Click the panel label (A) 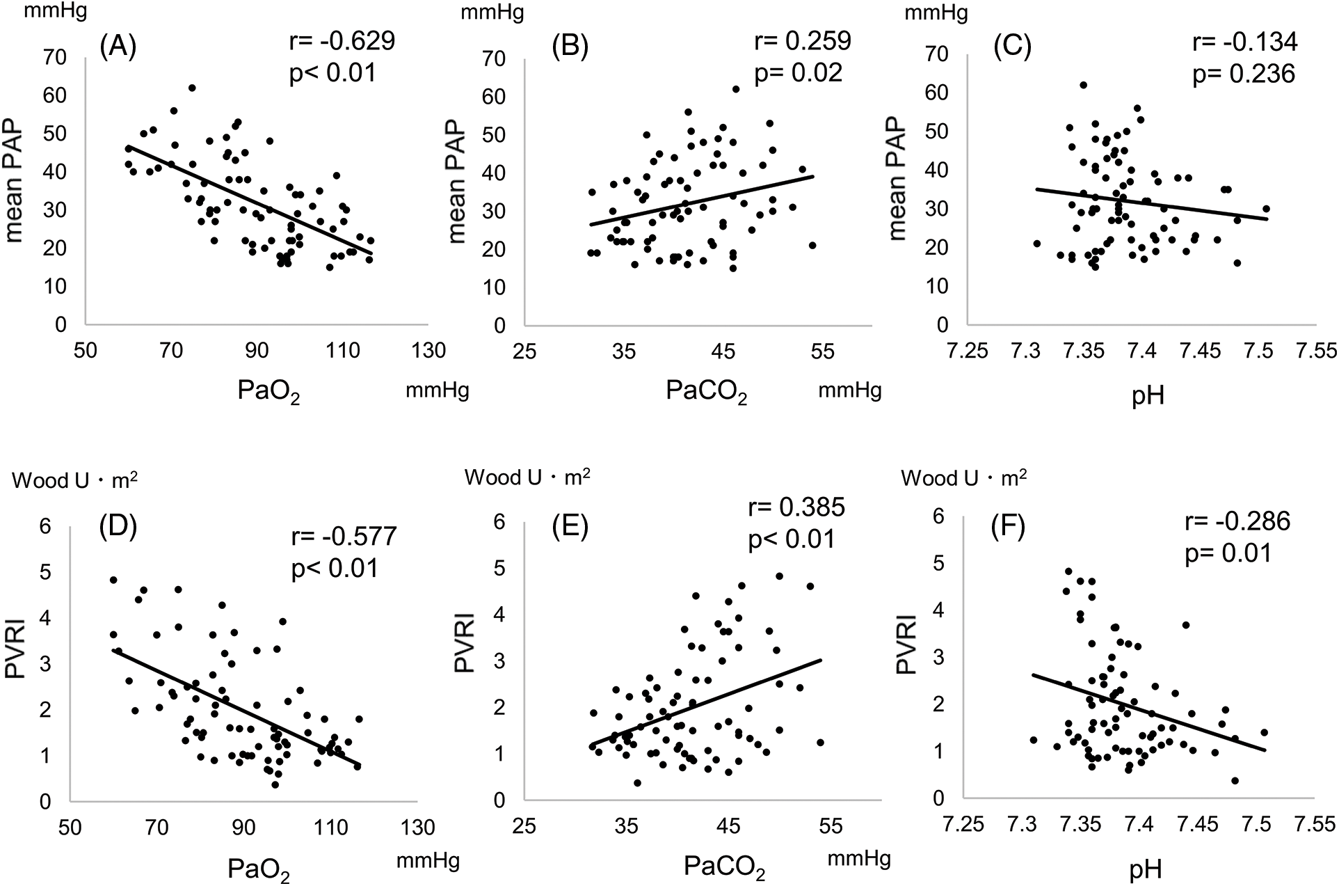pyautogui.click(x=118, y=47)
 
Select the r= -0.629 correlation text pyautogui.click(x=342, y=41)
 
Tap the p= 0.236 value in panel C pyautogui.click(x=1244, y=74)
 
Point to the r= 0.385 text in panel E pyautogui.click(x=796, y=507)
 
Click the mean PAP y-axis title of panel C pyautogui.click(x=898, y=179)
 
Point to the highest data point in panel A pyautogui.click(x=192, y=88)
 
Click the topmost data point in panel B pyautogui.click(x=735, y=89)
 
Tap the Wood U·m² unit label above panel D pyautogui.click(x=74, y=481)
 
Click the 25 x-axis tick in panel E pyautogui.click(x=525, y=826)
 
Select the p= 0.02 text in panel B pyautogui.click(x=798, y=72)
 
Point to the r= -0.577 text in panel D pyautogui.click(x=344, y=537)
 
